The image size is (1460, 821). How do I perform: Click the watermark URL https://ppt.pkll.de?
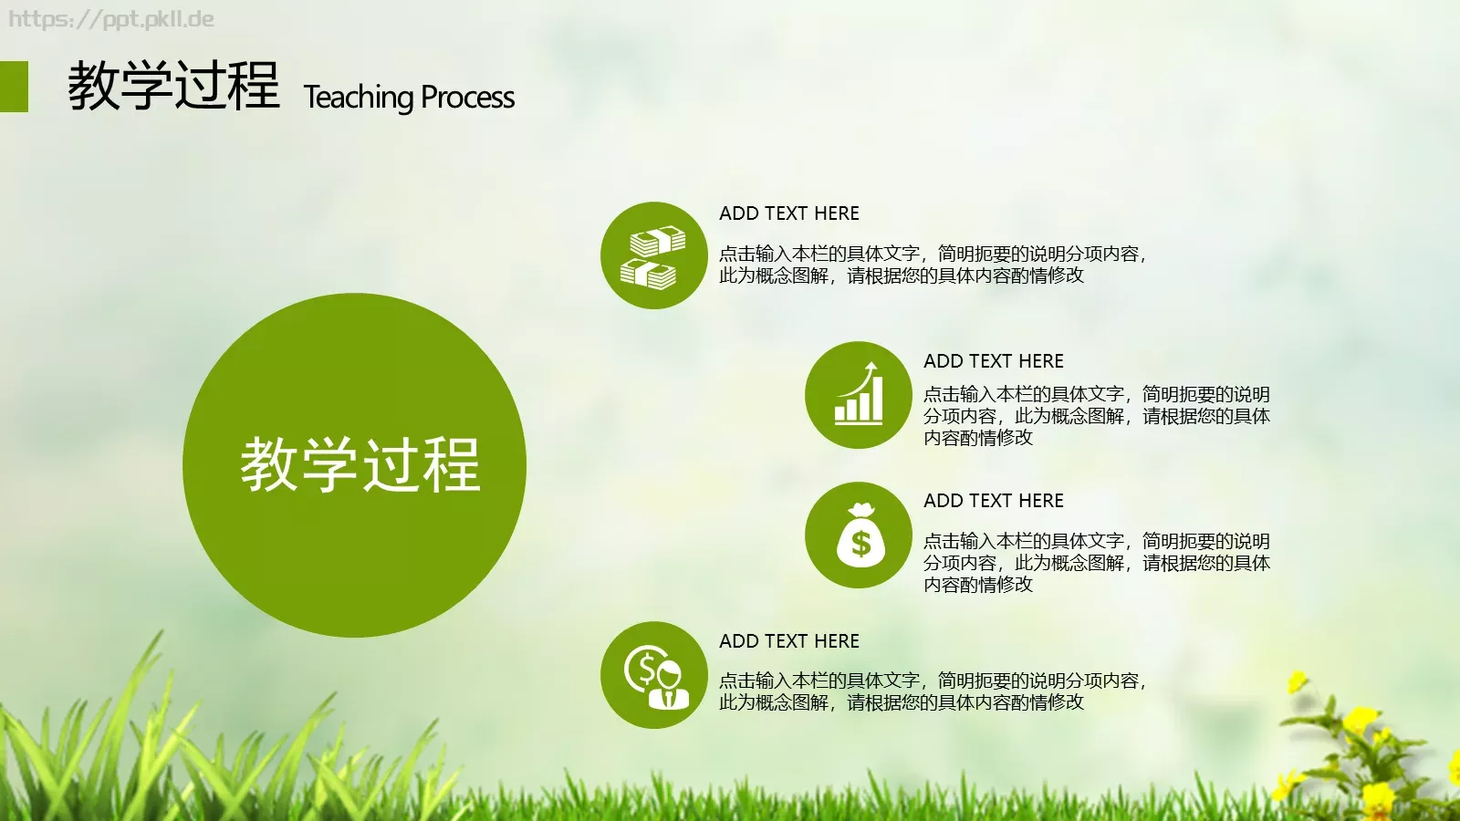pos(111,19)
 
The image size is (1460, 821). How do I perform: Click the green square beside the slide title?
pos(14,87)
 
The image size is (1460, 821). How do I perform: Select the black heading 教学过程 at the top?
pos(173,87)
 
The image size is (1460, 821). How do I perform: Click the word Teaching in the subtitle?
pos(359,97)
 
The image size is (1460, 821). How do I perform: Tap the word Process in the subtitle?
pos(468,97)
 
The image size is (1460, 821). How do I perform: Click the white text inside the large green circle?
pos(360,465)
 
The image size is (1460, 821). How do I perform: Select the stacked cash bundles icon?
pos(653,256)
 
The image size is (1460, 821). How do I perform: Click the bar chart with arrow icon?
pos(859,395)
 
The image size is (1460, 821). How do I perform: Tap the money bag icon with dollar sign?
pos(859,535)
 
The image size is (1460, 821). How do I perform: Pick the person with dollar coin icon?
pos(653,676)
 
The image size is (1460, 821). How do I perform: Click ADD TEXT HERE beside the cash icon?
pos(789,213)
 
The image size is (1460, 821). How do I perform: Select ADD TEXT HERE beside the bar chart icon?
pos(994,361)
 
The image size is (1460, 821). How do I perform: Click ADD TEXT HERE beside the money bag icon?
pos(994,501)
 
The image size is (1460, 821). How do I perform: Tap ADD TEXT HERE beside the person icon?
pos(789,641)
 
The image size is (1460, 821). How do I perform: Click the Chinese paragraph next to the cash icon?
pos(931,265)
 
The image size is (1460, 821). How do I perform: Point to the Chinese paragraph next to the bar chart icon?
pos(1095,416)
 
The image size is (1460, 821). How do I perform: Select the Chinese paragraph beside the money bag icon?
pos(1095,563)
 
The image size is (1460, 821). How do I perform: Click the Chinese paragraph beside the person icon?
pos(931,691)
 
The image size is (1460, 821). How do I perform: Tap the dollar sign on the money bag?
pos(860,545)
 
